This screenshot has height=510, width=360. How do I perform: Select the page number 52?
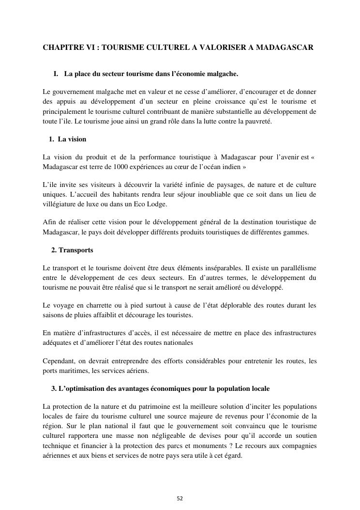(x=180, y=498)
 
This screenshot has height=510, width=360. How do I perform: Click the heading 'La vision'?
(x=72, y=139)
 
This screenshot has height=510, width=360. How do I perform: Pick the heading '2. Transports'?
(x=72, y=250)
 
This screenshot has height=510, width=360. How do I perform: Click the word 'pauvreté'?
(x=258, y=121)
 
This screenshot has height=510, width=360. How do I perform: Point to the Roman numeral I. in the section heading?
(x=56, y=74)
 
